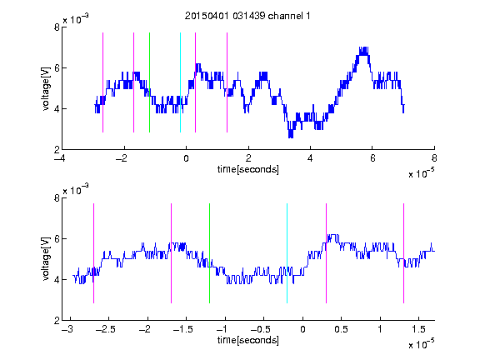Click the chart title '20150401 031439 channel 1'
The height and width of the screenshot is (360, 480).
pyautogui.click(x=247, y=16)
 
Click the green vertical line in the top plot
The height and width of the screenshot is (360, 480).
pyautogui.click(x=149, y=82)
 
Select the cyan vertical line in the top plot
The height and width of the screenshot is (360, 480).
pyautogui.click(x=180, y=82)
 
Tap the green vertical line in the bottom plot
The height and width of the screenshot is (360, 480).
pyautogui.click(x=209, y=253)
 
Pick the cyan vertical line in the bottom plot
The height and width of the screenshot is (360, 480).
pyautogui.click(x=287, y=253)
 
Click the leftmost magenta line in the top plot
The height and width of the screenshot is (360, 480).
pyautogui.click(x=102, y=82)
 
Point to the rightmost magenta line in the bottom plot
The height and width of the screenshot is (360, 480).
pyautogui.click(x=403, y=253)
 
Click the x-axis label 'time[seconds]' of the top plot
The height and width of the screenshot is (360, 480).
pyautogui.click(x=248, y=169)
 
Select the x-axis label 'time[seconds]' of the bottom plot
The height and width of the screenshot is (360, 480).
pyautogui.click(x=248, y=340)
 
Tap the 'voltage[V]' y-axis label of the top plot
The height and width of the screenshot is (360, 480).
pyautogui.click(x=46, y=89)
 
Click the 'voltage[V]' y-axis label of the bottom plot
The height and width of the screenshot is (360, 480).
pyautogui.click(x=46, y=259)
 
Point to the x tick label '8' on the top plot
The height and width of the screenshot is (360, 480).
pyautogui.click(x=434, y=158)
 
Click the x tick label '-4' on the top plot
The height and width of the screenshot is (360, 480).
pyautogui.click(x=59, y=158)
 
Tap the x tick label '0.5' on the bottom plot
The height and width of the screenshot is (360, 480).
pyautogui.click(x=341, y=329)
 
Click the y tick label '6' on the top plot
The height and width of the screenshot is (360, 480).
pyautogui.click(x=57, y=68)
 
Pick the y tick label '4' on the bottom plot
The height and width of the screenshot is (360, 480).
pyautogui.click(x=57, y=279)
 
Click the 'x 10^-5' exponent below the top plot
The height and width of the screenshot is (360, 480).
pyautogui.click(x=421, y=173)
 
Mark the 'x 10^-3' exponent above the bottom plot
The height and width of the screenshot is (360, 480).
pyautogui.click(x=76, y=190)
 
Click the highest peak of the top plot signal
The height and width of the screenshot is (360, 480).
pyautogui.click(x=363, y=47)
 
